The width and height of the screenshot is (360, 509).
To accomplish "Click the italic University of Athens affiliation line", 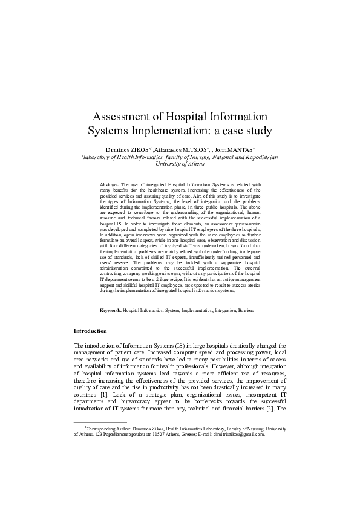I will pos(180,163).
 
